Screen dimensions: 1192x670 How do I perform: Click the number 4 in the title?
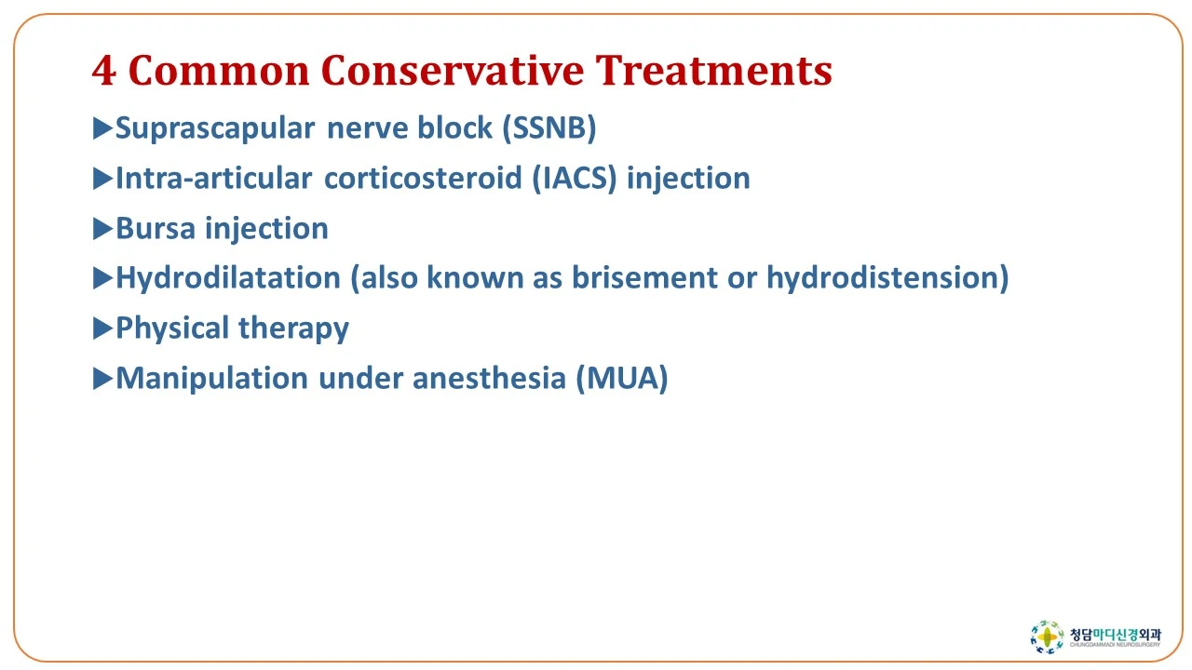(x=103, y=71)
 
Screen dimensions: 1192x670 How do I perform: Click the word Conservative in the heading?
(x=452, y=70)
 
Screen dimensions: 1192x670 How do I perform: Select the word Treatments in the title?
(x=713, y=70)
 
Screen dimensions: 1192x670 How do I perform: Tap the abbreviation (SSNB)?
(x=549, y=128)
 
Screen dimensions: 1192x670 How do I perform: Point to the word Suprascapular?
(x=215, y=129)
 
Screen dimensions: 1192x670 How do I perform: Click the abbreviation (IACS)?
(x=575, y=178)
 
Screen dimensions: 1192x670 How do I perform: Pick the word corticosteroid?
(x=423, y=178)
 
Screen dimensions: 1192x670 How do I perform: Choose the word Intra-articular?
(x=213, y=178)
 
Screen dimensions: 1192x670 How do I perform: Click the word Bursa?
(x=156, y=229)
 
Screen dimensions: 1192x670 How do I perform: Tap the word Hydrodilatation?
(x=228, y=277)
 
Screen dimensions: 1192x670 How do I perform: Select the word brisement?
(x=644, y=277)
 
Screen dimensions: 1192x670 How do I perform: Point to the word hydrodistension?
(x=887, y=277)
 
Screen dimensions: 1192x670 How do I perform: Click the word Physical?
(x=172, y=328)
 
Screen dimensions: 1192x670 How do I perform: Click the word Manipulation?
(x=211, y=379)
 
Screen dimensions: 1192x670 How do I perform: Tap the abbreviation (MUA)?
(x=621, y=378)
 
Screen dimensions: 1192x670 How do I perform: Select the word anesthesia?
(x=489, y=378)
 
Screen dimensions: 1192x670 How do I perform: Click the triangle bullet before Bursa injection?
(x=102, y=229)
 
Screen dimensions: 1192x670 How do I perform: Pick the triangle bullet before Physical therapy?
(x=102, y=328)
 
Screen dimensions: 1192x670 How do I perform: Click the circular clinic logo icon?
(x=1047, y=636)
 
